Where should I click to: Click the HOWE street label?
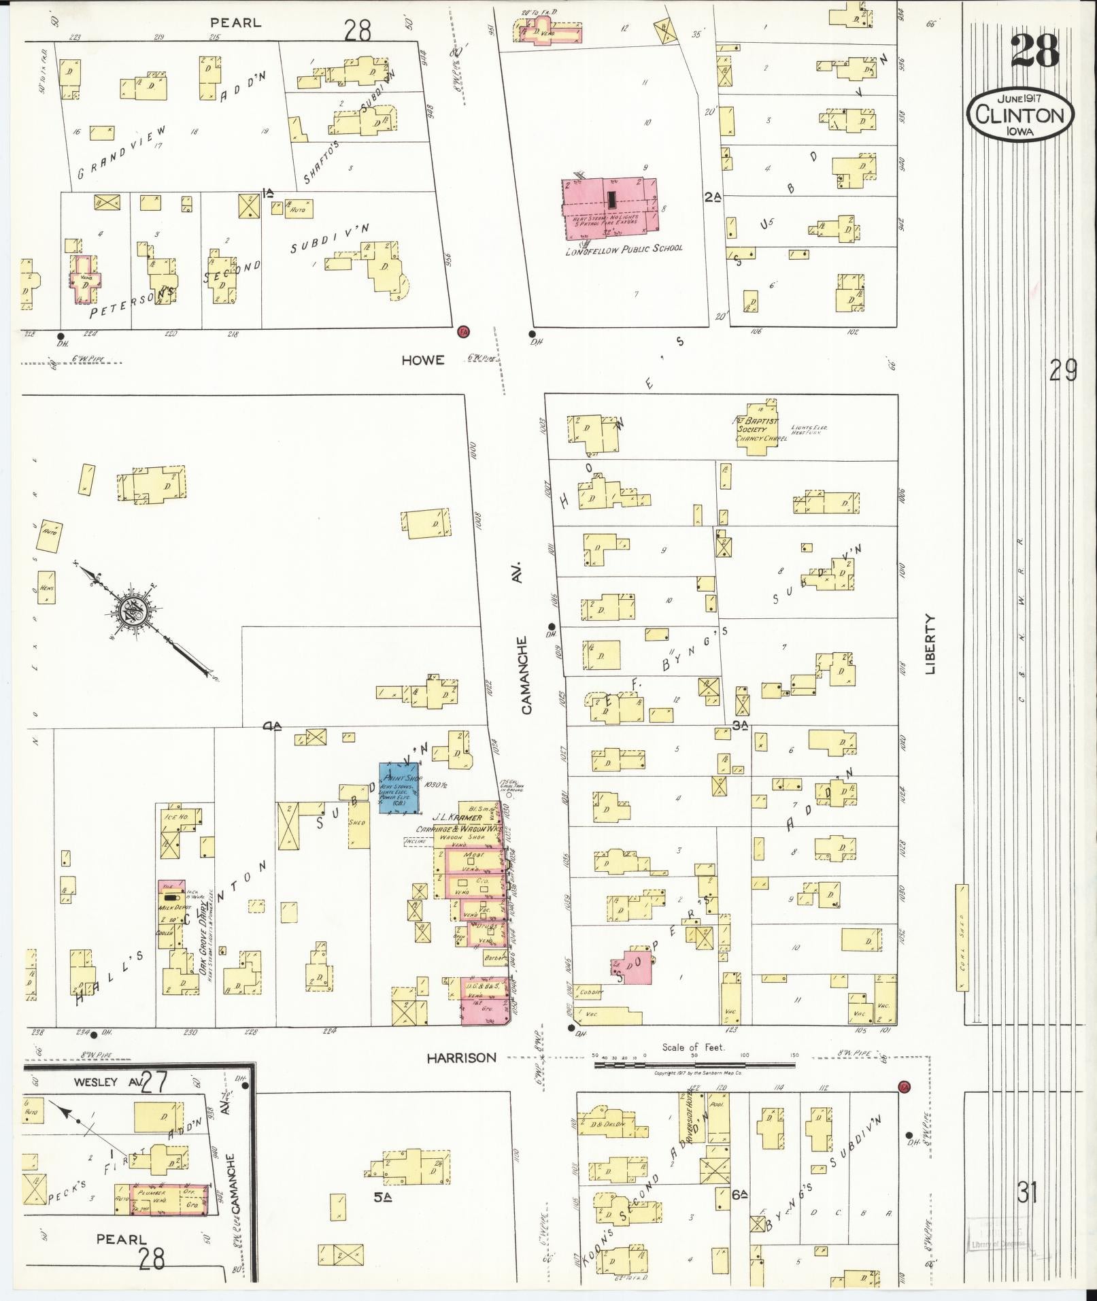tap(422, 360)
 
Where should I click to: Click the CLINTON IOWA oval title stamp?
tap(1019, 114)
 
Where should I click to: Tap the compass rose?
tap(131, 611)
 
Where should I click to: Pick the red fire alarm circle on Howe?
tap(464, 331)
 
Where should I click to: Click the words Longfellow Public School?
tap(624, 249)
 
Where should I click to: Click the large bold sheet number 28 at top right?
tap(1034, 51)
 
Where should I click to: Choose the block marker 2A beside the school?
tap(712, 197)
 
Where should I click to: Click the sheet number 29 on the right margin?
tap(1063, 371)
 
